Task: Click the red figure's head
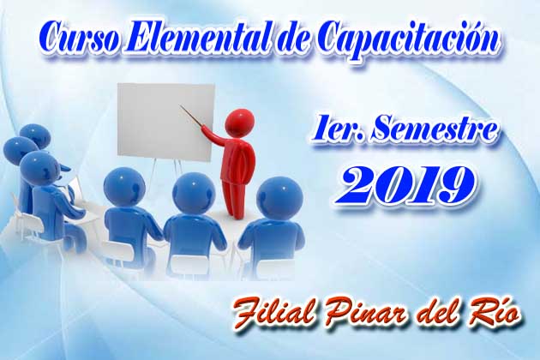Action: tap(240, 121)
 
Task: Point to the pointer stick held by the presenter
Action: tap(194, 117)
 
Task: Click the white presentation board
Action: tap(166, 122)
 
